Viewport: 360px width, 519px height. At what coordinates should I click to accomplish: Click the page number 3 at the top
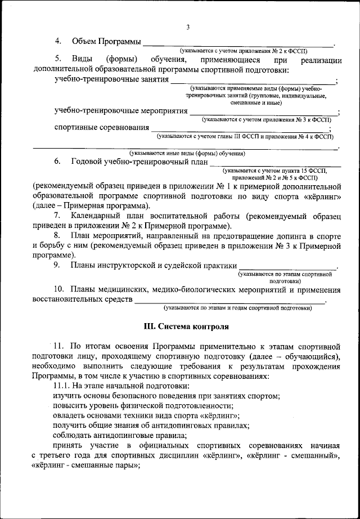pos(188,27)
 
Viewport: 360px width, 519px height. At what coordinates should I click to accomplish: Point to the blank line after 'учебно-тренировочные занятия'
pos(253,82)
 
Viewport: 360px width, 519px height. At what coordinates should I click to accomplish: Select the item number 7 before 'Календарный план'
pos(57,217)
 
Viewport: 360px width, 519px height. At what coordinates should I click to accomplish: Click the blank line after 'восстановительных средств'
pos(231,302)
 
